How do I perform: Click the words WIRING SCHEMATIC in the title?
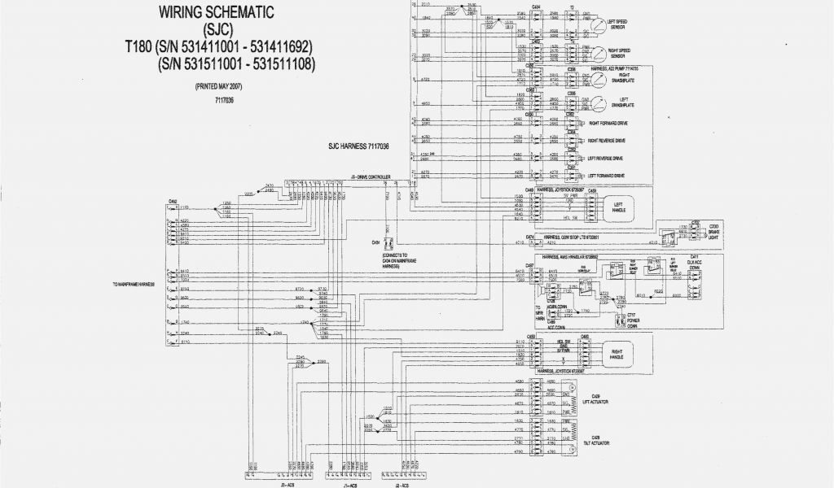tap(216, 12)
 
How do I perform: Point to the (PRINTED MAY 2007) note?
tap(218, 86)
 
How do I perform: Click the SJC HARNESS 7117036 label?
tap(358, 147)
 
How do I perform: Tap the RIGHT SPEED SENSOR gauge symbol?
tap(601, 53)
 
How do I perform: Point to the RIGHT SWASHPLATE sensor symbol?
tap(601, 81)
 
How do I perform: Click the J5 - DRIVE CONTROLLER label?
tap(370, 176)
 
